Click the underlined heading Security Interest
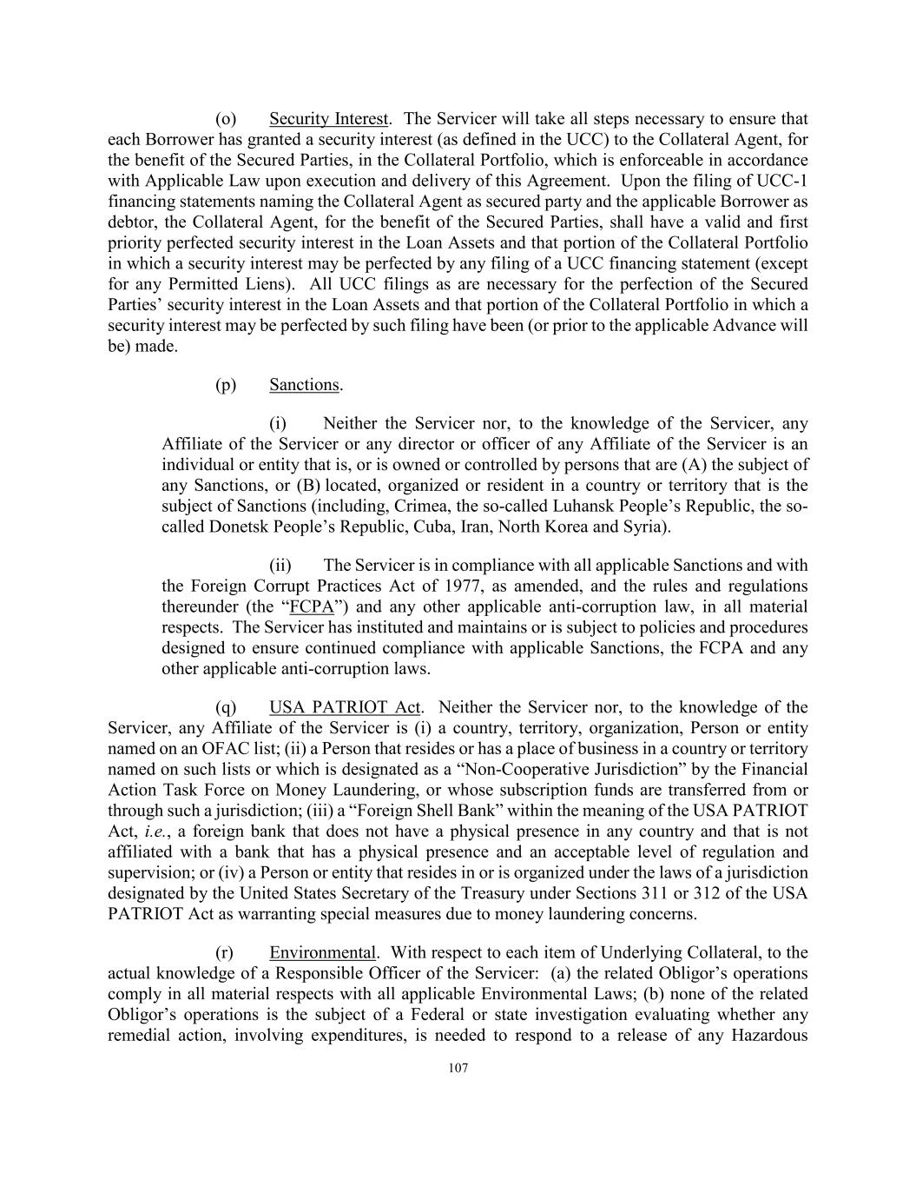point(328,119)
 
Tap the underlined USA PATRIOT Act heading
point(345,707)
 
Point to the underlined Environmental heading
point(322,953)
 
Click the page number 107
point(458,1069)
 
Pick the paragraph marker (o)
point(226,119)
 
